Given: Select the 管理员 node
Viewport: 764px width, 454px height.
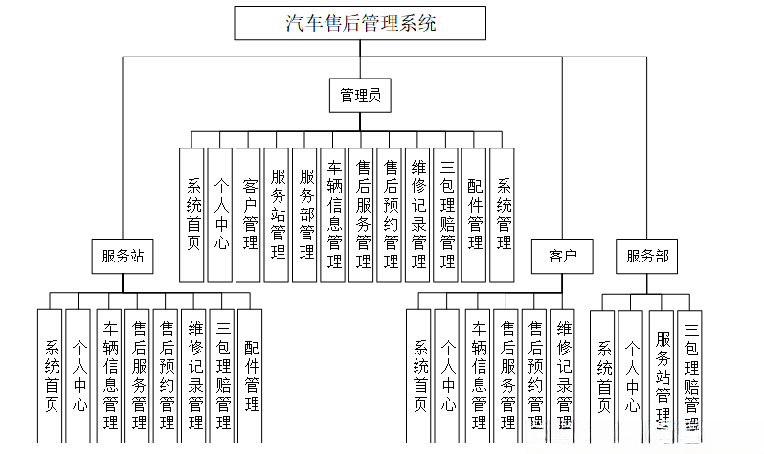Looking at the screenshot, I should [361, 94].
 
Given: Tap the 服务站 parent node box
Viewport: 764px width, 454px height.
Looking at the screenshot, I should [123, 256].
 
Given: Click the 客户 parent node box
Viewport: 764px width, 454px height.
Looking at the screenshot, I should [562, 256].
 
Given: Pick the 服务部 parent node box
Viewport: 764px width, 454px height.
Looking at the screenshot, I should [647, 256].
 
